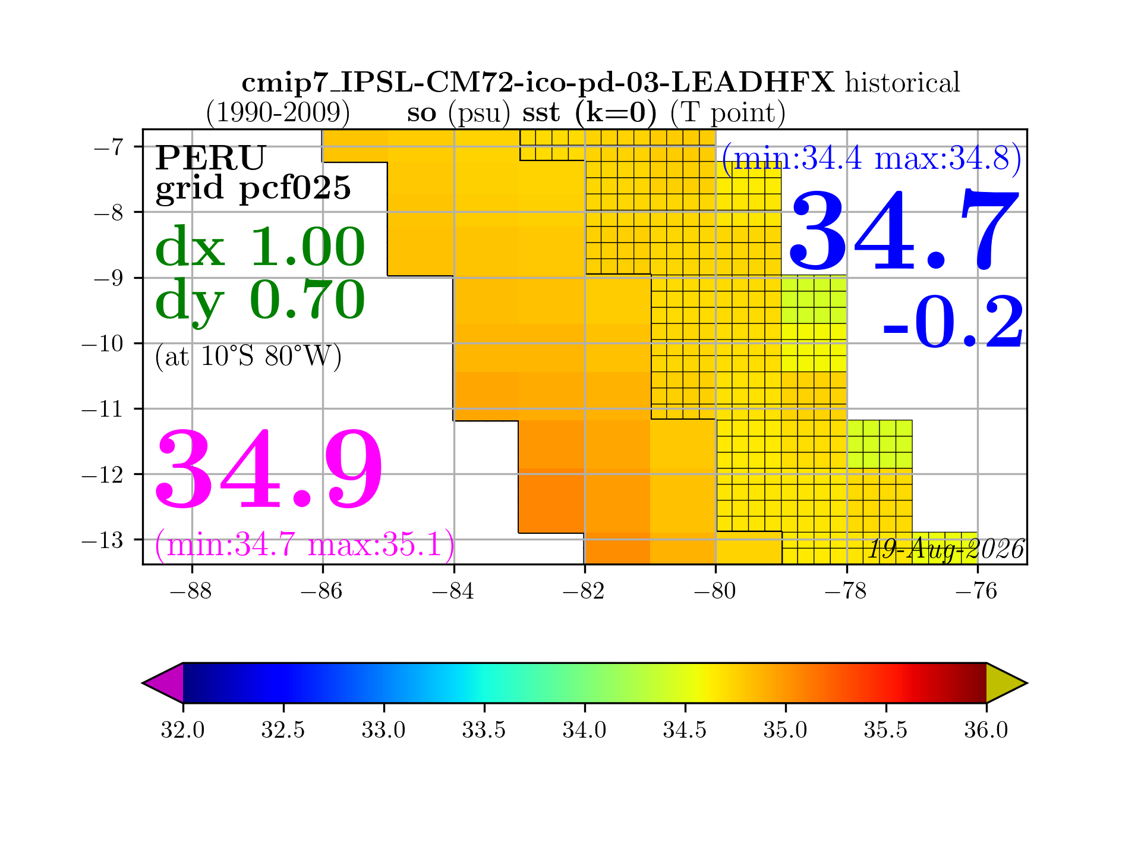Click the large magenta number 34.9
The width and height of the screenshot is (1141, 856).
click(x=269, y=470)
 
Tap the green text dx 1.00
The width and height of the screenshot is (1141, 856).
click(x=260, y=247)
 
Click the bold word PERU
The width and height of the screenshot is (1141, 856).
click(x=210, y=158)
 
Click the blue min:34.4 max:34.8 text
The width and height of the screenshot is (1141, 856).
click(x=872, y=159)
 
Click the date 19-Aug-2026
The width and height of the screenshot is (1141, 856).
click(x=947, y=549)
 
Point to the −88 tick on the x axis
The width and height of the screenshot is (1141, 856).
click(x=191, y=591)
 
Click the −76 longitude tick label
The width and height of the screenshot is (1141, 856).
click(x=977, y=591)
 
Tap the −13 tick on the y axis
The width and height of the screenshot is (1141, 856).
click(x=102, y=540)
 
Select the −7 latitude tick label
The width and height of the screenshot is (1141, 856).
click(x=109, y=146)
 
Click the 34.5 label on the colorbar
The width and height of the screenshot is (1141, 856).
click(x=685, y=729)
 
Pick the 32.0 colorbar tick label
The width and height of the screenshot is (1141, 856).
click(x=182, y=729)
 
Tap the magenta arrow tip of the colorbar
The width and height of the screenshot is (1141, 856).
click(x=143, y=683)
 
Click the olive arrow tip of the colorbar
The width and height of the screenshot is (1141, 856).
click(x=1026, y=683)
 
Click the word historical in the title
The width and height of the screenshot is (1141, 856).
click(x=903, y=83)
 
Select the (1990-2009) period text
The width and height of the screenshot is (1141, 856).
click(x=278, y=112)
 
